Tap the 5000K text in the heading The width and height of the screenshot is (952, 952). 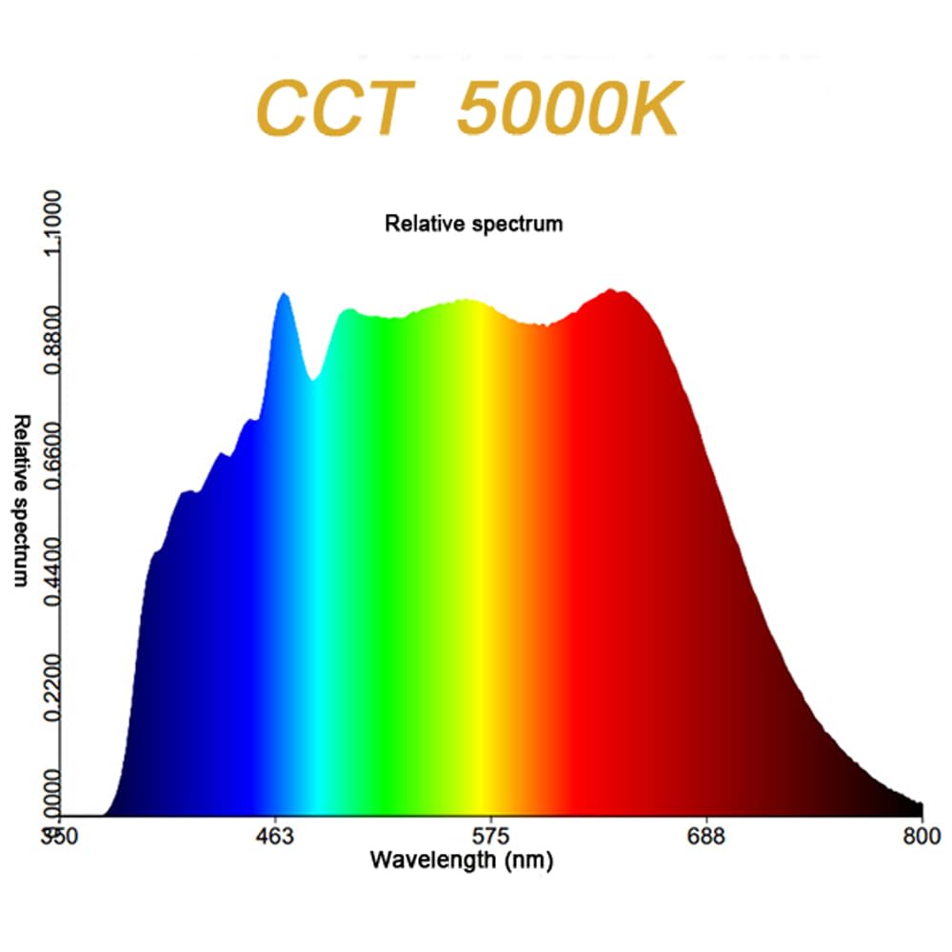(569, 109)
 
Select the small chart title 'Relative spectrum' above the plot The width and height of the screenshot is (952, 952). (473, 224)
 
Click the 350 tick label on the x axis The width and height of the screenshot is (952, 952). (61, 838)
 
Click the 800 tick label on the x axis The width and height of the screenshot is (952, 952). (922, 838)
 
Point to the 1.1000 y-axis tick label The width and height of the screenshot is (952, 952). (49, 222)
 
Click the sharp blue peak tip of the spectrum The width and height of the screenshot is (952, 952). (283, 295)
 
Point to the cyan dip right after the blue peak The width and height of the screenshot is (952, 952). (313, 379)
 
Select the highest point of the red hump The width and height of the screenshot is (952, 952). (616, 291)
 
